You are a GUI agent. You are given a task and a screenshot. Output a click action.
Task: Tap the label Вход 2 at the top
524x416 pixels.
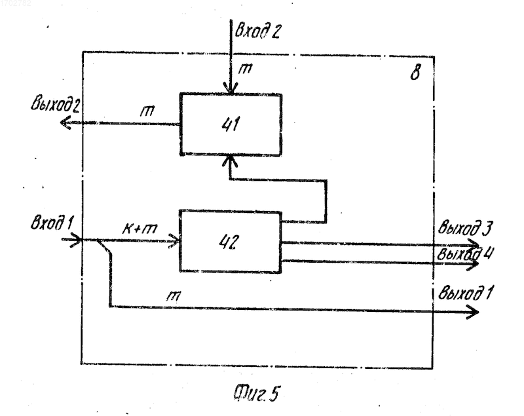[257, 31]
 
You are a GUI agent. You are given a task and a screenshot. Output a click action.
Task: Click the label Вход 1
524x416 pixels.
[52, 223]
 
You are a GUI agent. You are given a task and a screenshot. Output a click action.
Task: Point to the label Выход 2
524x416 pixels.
[55, 104]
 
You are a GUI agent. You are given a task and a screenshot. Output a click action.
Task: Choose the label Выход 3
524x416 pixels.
[465, 228]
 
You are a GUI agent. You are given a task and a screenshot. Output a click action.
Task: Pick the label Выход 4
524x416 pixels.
[465, 254]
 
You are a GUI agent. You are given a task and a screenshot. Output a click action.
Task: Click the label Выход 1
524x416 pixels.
[465, 293]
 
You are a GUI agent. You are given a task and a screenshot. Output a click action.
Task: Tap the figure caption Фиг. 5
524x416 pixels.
[255, 393]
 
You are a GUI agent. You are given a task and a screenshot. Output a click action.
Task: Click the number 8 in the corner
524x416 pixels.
[415, 72]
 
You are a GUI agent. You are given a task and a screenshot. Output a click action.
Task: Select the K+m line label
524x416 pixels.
[140, 229]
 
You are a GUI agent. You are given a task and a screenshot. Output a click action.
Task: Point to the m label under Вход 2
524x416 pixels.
[245, 69]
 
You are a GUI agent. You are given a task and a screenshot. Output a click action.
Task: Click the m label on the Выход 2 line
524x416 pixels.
[147, 111]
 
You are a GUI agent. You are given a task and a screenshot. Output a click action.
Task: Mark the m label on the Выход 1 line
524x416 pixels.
[174, 295]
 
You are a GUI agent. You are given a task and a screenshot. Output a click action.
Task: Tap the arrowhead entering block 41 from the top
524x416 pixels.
[231, 89]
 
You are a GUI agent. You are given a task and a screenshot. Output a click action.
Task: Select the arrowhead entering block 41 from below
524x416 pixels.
[230, 161]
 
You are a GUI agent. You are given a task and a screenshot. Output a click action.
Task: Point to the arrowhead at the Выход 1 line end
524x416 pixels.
[473, 312]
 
